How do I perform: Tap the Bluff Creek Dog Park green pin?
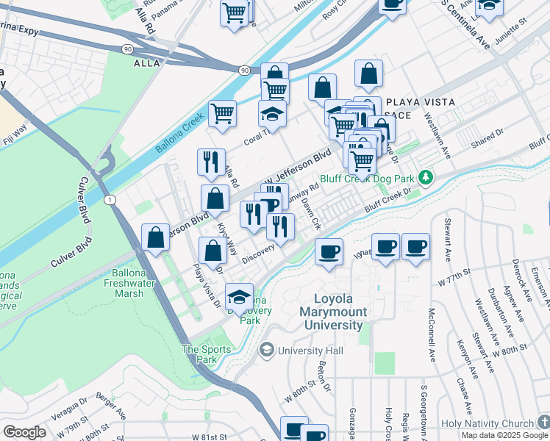click(x=424, y=177)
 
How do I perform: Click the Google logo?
click(x=24, y=431)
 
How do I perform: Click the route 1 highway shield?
click(x=110, y=200)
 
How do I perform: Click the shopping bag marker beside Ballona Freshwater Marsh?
click(x=156, y=237)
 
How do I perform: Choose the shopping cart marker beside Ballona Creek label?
click(x=222, y=113)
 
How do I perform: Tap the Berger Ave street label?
click(x=112, y=409)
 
